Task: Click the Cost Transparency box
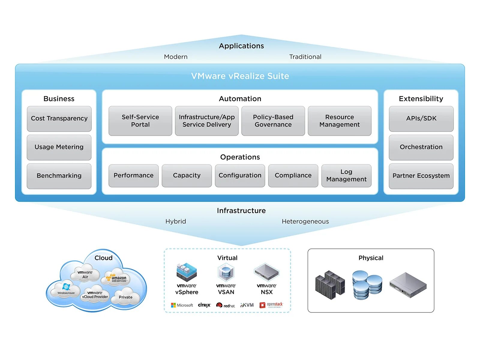point(59,118)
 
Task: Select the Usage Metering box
point(59,147)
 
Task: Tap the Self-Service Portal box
point(140,121)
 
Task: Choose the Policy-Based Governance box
point(273,121)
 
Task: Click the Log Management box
point(346,175)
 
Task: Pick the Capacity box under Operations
point(187,175)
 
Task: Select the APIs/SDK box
point(421,118)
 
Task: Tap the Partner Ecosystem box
point(421,176)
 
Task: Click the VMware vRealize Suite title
point(240,76)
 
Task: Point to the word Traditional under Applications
point(305,57)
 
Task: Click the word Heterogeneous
point(305,221)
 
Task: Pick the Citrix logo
point(204,305)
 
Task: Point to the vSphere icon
point(187,271)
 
